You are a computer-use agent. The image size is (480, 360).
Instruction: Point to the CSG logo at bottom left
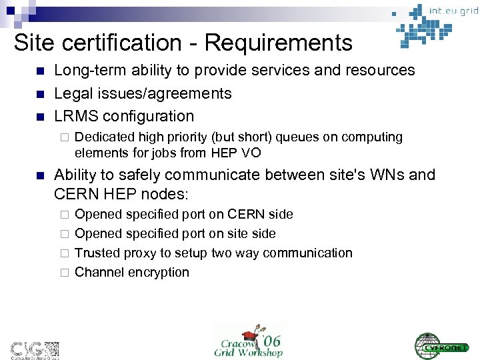[34, 348]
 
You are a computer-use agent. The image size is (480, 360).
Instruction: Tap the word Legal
[71, 93]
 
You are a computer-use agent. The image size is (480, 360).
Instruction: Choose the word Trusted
[97, 253]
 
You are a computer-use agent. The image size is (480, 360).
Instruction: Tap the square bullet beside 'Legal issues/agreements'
[39, 94]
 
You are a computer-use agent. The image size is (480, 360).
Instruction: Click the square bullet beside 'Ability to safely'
[39, 176]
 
